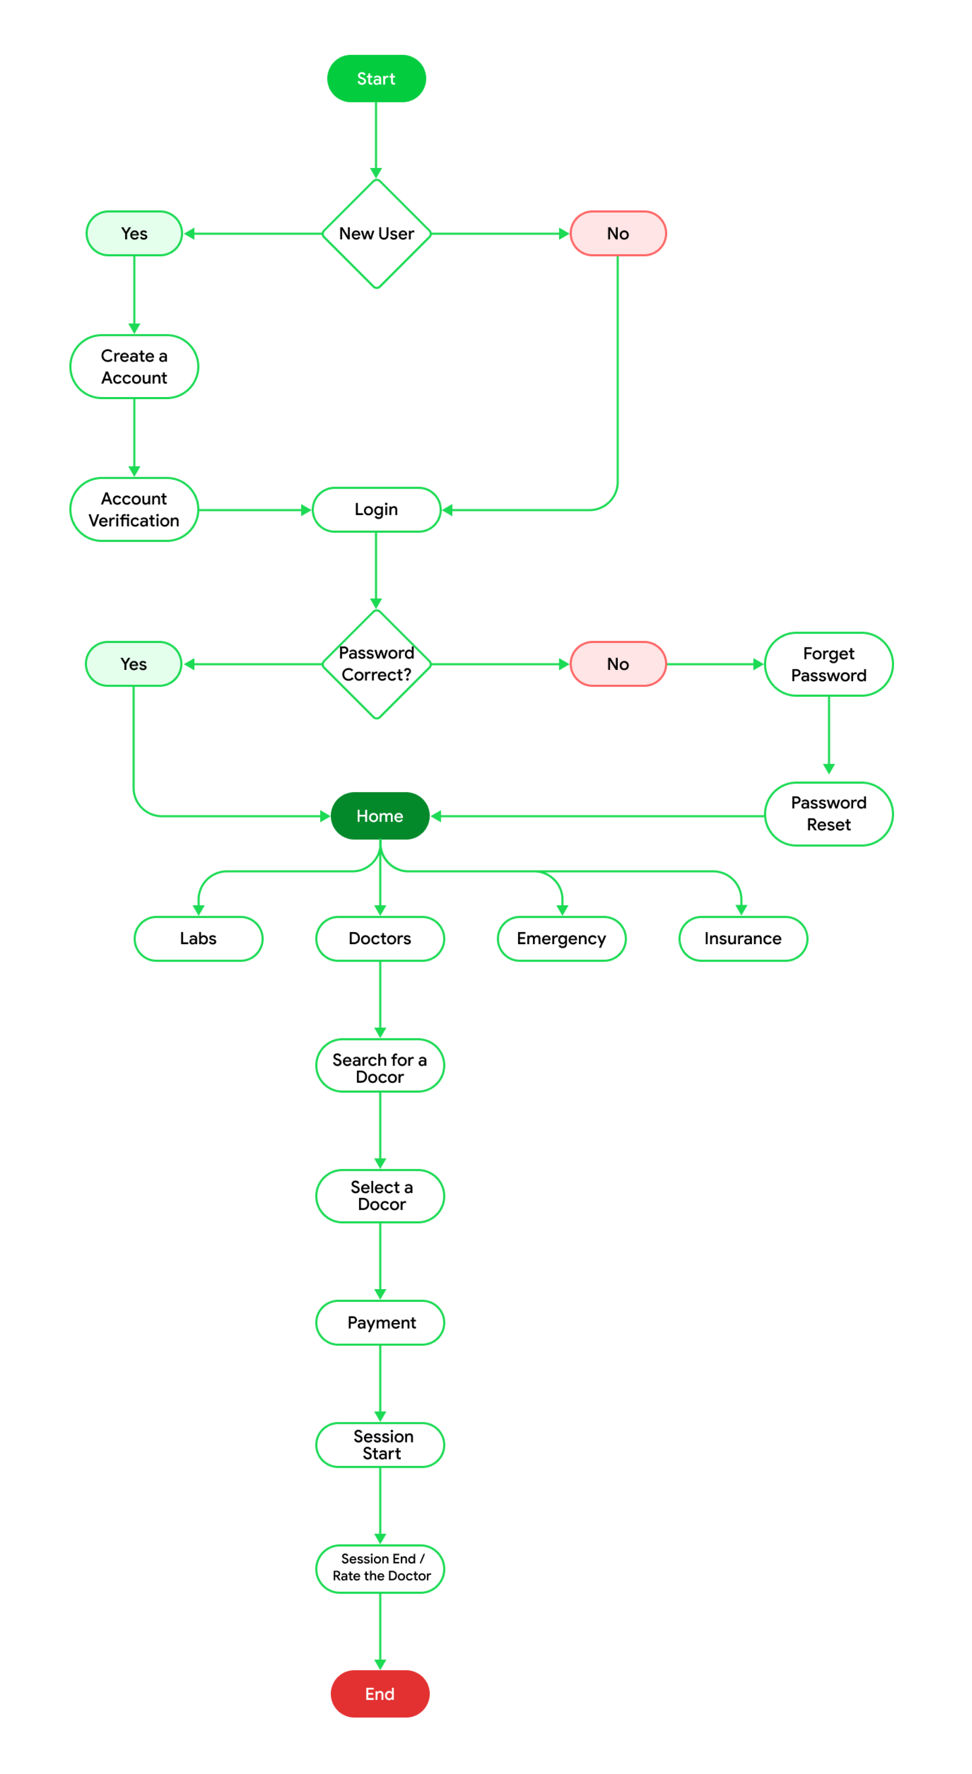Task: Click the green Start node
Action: [376, 78]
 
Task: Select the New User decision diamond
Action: [376, 233]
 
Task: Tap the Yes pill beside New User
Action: [134, 233]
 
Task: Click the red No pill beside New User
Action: [617, 233]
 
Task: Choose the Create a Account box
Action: [134, 366]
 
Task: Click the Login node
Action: [376, 510]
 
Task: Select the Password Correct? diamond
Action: [376, 664]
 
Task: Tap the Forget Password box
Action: [828, 664]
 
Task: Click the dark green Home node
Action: [380, 816]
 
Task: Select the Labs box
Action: [198, 939]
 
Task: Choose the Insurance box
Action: [743, 939]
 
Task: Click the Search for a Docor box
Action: [380, 1065]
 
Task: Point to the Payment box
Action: [380, 1322]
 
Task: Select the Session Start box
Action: [380, 1445]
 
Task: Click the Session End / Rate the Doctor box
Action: [380, 1568]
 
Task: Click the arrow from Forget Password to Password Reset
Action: [828, 734]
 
